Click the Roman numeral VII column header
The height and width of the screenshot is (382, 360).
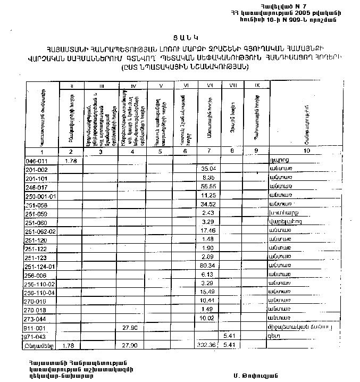point(209,85)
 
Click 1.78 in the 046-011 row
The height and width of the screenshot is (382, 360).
point(71,161)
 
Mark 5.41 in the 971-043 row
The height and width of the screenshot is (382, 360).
point(230,336)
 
